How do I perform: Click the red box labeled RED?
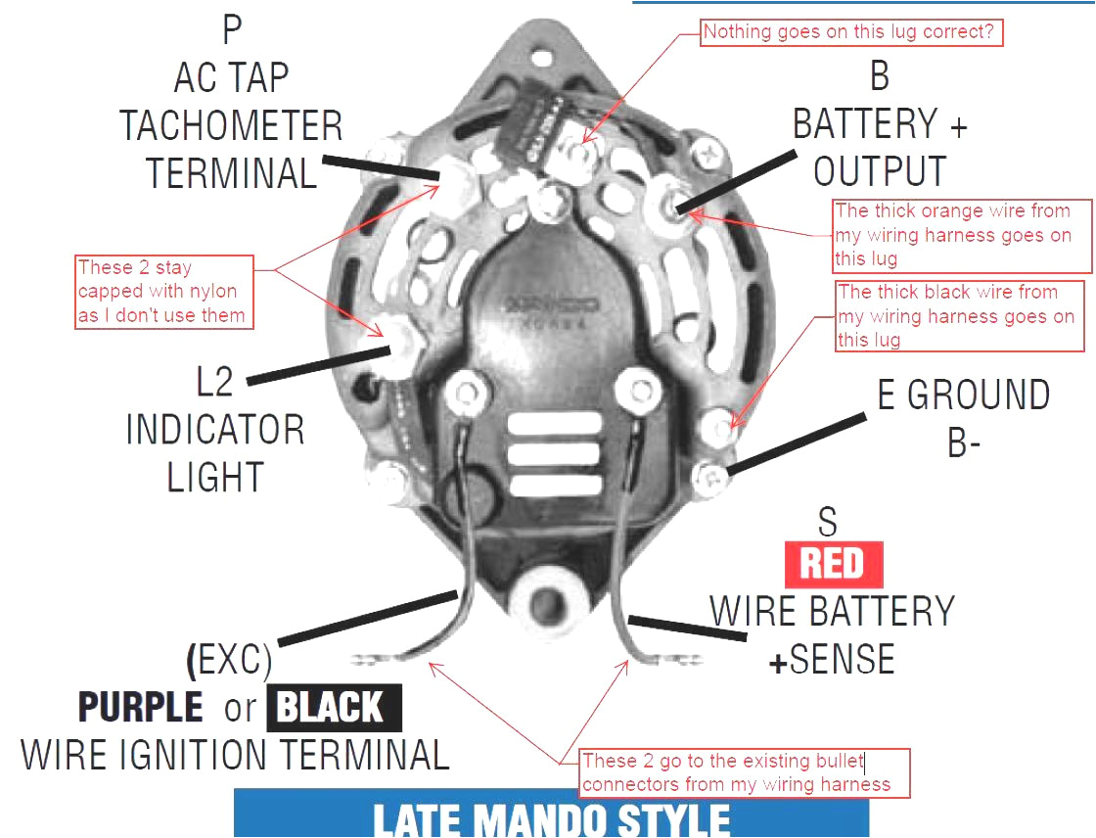pyautogui.click(x=833, y=565)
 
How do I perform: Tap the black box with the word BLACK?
pyautogui.click(x=329, y=707)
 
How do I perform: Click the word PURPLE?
pyautogui.click(x=141, y=707)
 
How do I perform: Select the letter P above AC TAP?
pyautogui.click(x=231, y=29)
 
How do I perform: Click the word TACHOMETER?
pyautogui.click(x=231, y=126)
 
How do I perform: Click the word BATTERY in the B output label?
pyautogui.click(x=865, y=124)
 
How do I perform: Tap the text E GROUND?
pyautogui.click(x=963, y=396)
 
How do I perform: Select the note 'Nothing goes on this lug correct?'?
pyautogui.click(x=848, y=32)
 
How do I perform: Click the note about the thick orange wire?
pyautogui.click(x=961, y=235)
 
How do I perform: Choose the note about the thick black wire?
pyautogui.click(x=959, y=315)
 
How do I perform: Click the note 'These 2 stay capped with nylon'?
pyautogui.click(x=163, y=292)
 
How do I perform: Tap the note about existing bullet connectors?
pyautogui.click(x=744, y=772)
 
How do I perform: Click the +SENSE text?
pyautogui.click(x=831, y=661)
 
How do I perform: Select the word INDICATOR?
pyautogui.click(x=215, y=430)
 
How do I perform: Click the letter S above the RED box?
pyautogui.click(x=828, y=523)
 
